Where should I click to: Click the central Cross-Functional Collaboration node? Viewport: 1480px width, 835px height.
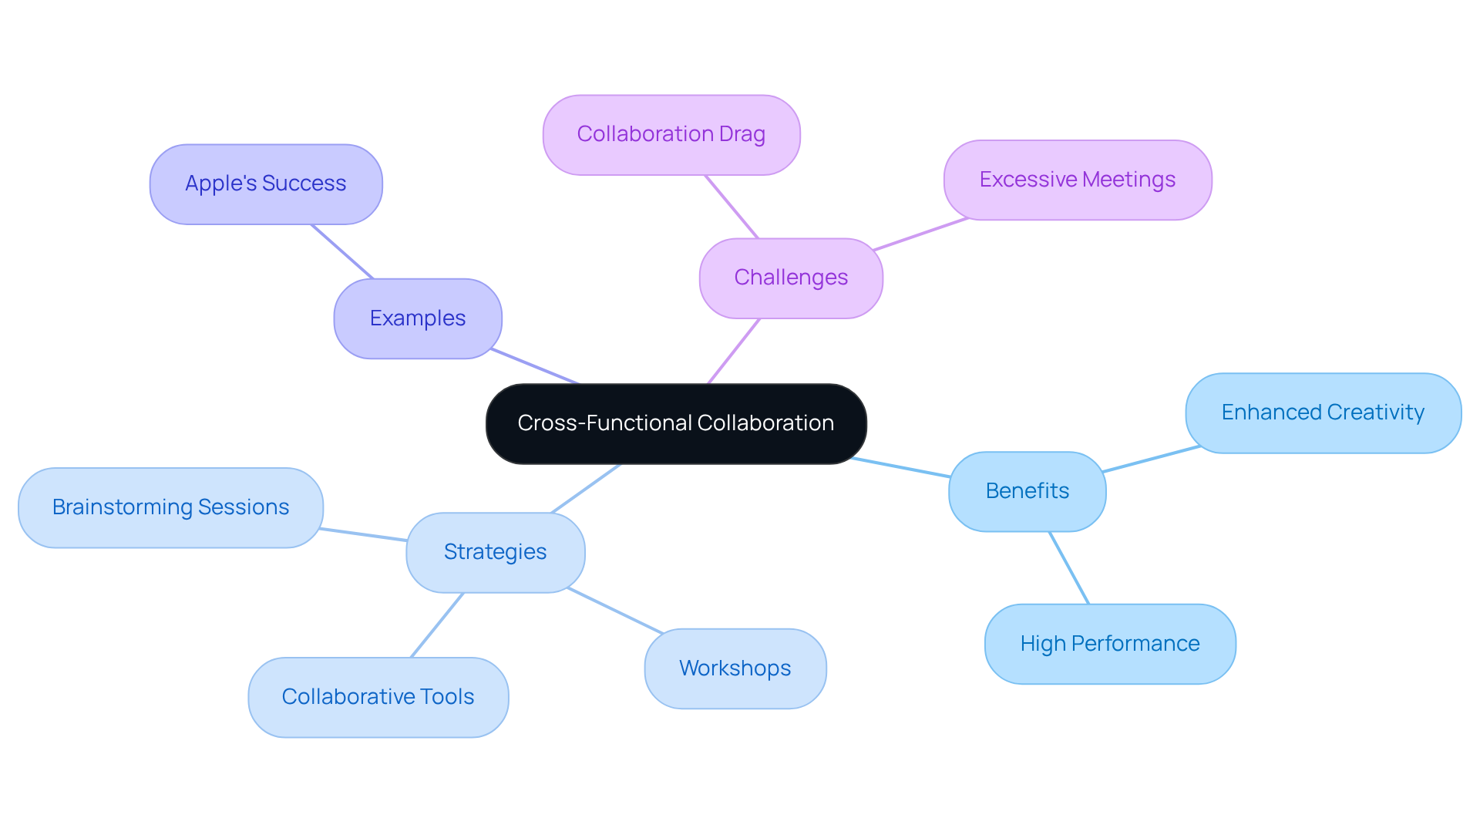676,423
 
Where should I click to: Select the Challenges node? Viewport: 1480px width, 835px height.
791,278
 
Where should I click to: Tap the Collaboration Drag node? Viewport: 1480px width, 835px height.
671,134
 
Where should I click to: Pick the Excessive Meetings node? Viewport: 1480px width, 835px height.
1077,180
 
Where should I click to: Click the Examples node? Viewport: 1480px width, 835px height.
418,318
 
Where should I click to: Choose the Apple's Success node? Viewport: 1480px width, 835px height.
266,183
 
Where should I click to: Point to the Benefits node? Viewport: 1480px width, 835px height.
1027,491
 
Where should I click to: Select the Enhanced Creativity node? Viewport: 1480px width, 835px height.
1323,412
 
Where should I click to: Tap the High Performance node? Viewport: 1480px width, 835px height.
1109,644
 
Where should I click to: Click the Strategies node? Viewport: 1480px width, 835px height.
495,552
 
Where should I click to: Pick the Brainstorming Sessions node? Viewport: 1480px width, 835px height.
170,507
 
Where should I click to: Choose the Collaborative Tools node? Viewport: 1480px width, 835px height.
378,697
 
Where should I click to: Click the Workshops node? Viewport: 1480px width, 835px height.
735,668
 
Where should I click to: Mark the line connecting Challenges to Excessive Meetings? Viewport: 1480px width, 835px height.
920,234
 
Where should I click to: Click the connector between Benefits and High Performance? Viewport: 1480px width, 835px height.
1069,567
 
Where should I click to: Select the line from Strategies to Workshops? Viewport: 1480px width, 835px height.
615,611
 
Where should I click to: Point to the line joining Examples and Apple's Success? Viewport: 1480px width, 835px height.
342,251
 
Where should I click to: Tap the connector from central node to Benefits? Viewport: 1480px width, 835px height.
900,467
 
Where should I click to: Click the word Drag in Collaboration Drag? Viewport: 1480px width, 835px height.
742,134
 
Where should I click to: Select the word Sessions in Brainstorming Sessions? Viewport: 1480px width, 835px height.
243,507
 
